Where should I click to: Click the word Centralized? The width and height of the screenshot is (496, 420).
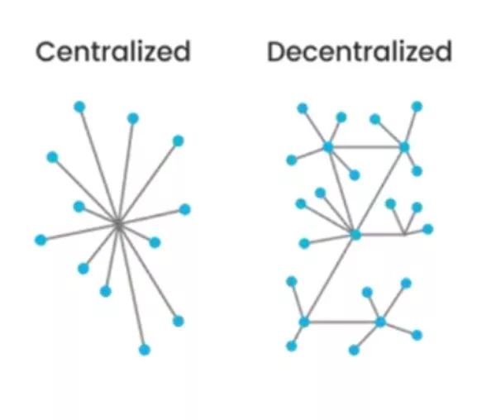[113, 52]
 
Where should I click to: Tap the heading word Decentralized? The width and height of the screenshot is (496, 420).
[360, 52]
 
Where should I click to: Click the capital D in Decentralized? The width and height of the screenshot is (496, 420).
[277, 52]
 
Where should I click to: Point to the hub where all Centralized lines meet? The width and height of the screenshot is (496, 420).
[118, 222]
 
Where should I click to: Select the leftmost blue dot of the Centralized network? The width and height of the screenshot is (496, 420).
[40, 240]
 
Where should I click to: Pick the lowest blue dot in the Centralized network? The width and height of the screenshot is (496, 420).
[145, 350]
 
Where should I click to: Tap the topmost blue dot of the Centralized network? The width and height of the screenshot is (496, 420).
[79, 107]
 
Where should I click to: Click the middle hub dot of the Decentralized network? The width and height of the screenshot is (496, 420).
[355, 235]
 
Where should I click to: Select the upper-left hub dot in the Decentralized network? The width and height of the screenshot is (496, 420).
[328, 147]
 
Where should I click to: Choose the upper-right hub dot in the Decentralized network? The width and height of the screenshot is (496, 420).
[404, 147]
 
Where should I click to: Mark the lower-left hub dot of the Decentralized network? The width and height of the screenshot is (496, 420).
[304, 322]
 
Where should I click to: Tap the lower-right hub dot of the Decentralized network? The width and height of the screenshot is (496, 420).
[380, 322]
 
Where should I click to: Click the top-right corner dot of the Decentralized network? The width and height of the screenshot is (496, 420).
[417, 107]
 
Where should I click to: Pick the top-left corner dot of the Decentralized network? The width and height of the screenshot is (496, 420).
[303, 108]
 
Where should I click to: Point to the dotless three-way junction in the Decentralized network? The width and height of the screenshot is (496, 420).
[403, 235]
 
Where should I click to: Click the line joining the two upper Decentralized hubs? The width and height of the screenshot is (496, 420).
[366, 147]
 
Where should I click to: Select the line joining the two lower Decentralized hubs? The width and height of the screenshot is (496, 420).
[342, 322]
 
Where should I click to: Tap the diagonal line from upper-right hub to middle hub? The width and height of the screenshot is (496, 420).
[380, 190]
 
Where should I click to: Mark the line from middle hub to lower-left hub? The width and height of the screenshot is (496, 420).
[330, 279]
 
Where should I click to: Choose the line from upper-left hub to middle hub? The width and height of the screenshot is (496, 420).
[341, 190]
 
